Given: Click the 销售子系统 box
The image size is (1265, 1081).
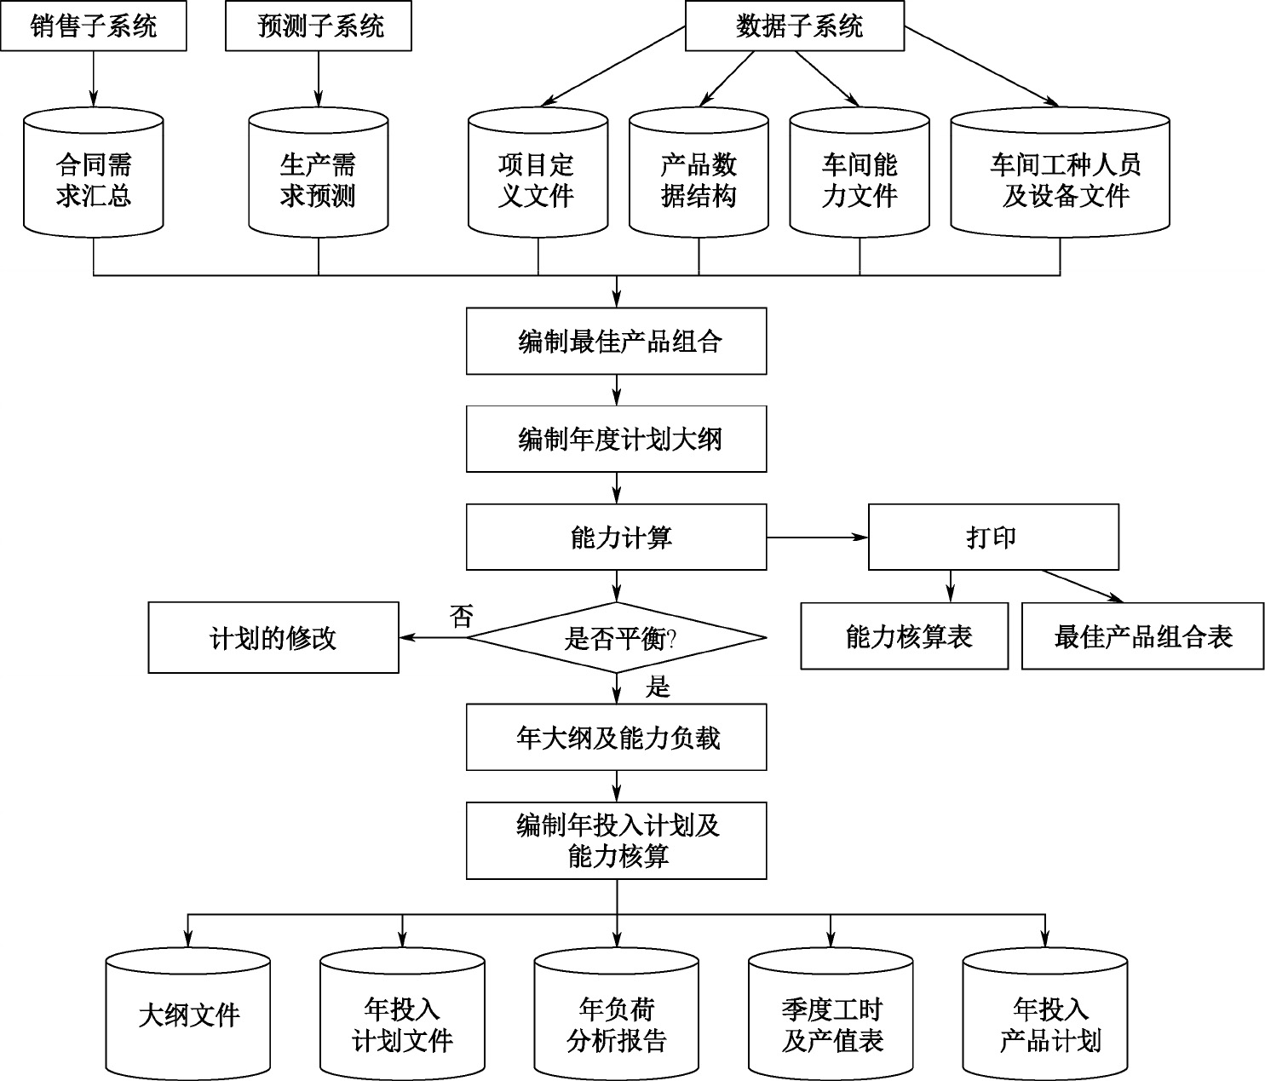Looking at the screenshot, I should (x=94, y=26).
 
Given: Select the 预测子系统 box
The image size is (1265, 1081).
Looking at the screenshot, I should (x=319, y=26).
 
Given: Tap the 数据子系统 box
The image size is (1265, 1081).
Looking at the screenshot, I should (x=795, y=26).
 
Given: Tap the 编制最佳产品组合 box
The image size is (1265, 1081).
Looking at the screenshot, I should (x=616, y=342).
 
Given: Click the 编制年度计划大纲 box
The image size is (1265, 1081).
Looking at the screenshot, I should (x=616, y=440).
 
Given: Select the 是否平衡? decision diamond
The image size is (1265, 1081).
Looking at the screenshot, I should (x=616, y=637).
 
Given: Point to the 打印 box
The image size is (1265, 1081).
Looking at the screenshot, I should (x=993, y=538).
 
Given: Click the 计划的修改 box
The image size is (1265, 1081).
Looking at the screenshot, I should (x=273, y=638).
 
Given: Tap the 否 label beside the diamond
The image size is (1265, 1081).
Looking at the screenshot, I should (x=461, y=616).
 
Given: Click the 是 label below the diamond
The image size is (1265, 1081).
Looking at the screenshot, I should (x=658, y=687).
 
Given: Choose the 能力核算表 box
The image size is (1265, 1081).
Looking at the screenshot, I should (x=904, y=637).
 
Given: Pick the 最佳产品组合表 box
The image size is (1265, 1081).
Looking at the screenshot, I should (x=1142, y=637).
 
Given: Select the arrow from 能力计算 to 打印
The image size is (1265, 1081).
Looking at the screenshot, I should (x=817, y=538).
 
